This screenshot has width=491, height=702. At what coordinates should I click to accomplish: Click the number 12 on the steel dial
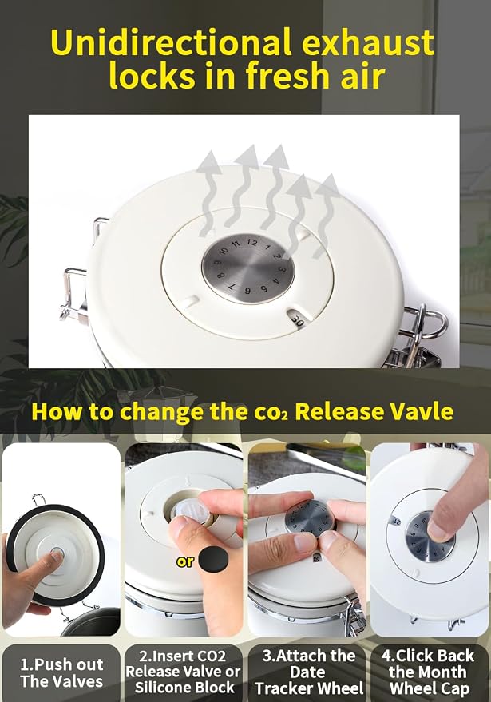coord(252,243)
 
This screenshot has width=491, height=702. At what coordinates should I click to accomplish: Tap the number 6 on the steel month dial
coord(247,291)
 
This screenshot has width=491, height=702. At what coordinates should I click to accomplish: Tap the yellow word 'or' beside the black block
coord(185,561)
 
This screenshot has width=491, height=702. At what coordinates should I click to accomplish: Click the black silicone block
coord(213,559)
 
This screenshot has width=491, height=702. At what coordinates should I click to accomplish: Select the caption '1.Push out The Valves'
coord(61,673)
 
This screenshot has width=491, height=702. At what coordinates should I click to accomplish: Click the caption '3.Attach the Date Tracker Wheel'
coord(309,672)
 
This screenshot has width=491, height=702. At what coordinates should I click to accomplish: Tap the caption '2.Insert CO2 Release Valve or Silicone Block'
coord(184,672)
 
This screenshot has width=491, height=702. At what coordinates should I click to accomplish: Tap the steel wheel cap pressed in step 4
coord(430,537)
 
